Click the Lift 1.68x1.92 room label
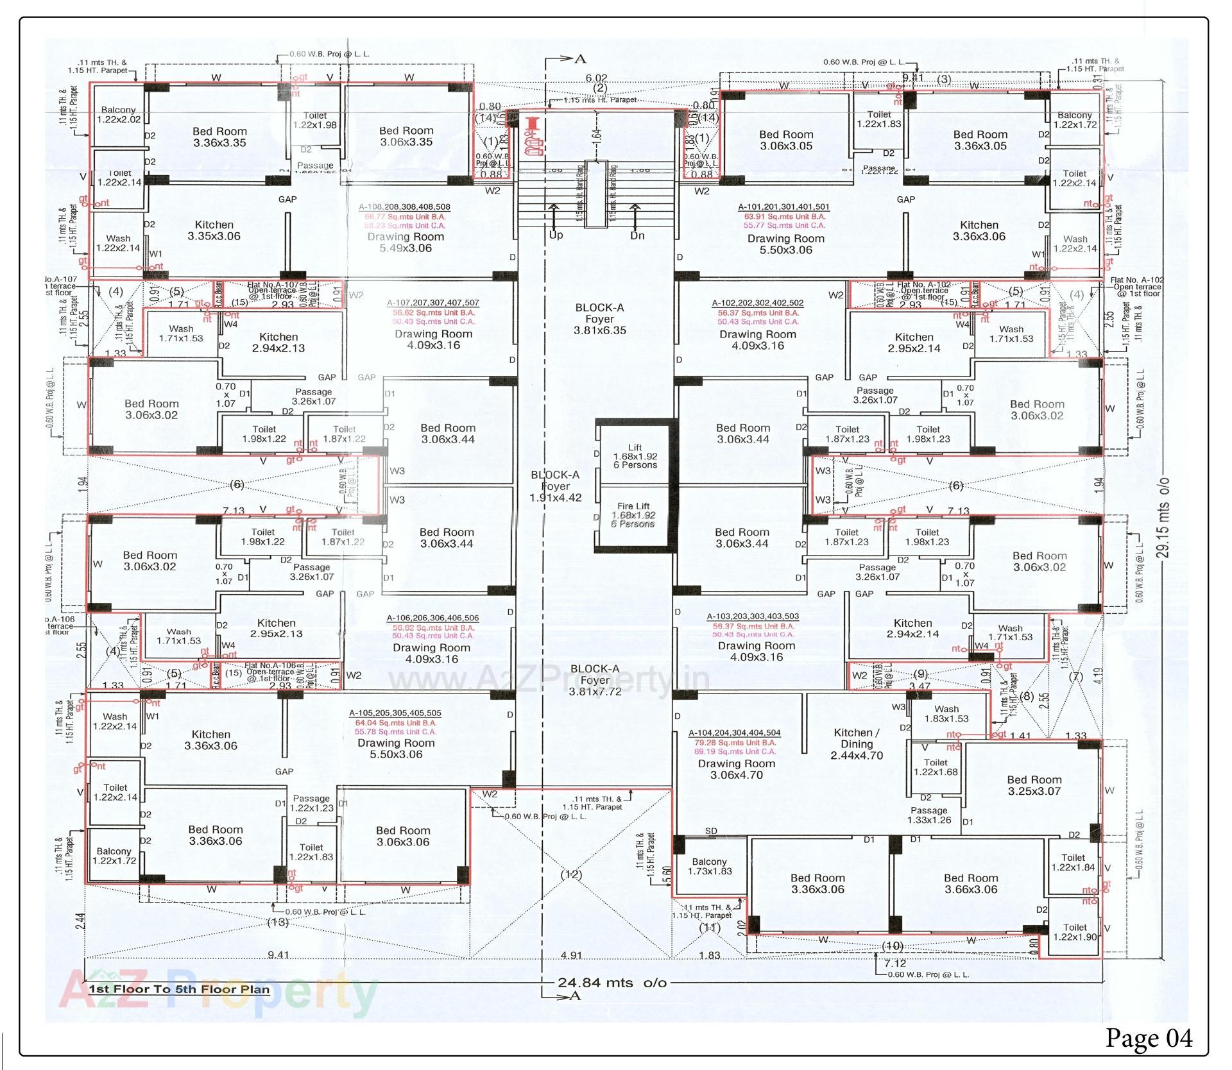635,456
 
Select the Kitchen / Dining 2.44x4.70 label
857,744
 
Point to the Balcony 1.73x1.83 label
709,866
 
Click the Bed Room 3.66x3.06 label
971,883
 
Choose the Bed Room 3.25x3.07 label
1034,785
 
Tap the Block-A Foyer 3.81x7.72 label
595,680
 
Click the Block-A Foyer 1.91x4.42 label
555,486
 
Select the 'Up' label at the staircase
556,235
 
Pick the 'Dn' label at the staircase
637,235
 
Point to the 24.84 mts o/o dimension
612,983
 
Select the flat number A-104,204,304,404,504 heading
734,733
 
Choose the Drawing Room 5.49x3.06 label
406,242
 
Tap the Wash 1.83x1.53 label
946,713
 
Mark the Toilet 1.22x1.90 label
1075,931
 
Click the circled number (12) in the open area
570,874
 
